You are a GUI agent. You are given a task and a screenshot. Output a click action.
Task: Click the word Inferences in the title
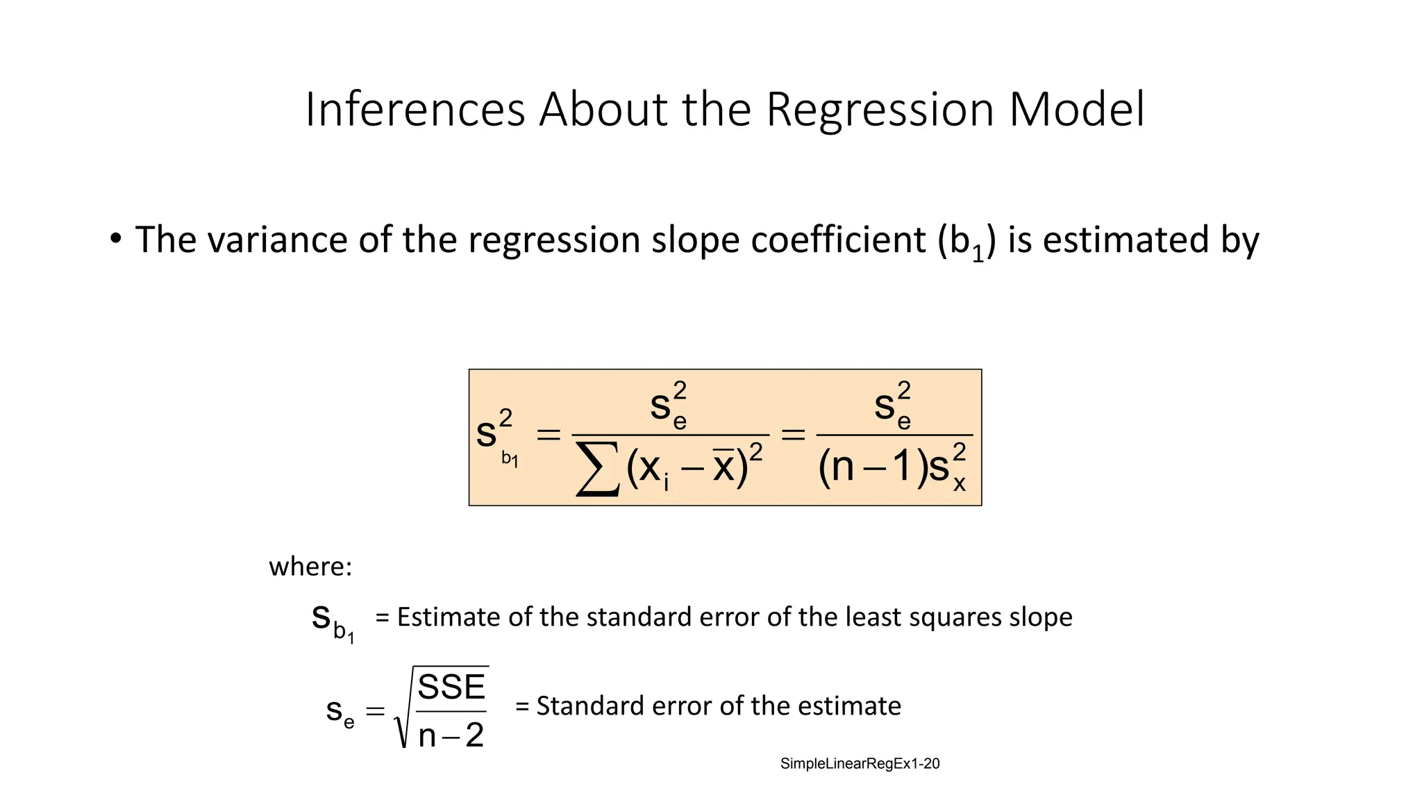415,110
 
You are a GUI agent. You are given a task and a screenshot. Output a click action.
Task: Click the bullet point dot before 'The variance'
115,239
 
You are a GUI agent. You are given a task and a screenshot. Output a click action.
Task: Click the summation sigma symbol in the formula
598,470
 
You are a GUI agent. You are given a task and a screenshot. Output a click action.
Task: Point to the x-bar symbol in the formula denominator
723,466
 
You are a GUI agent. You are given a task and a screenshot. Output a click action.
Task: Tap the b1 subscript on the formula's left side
510,459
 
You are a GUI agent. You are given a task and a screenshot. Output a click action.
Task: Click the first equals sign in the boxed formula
548,435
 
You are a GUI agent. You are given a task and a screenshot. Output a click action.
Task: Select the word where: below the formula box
310,567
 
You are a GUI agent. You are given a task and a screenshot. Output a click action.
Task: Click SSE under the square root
451,687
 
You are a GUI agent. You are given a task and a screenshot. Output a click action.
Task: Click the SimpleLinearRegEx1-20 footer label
860,764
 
